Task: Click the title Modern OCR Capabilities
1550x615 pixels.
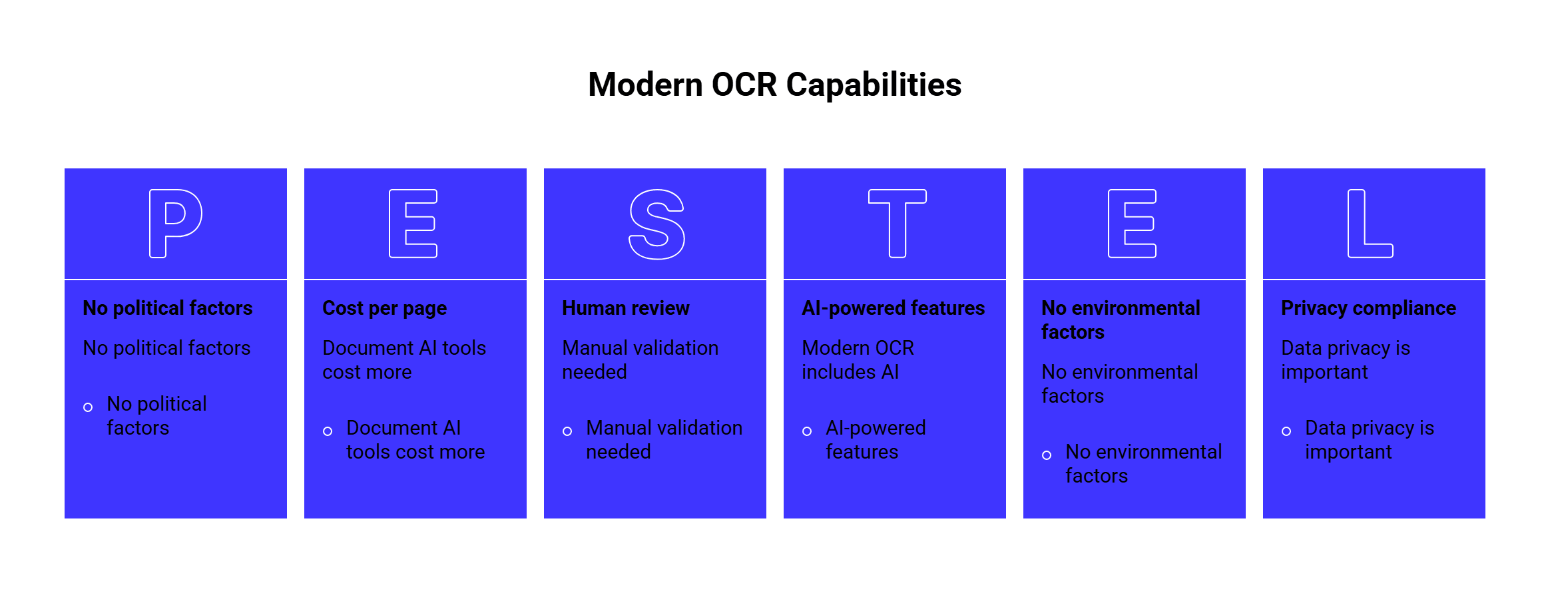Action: pyautogui.click(x=775, y=85)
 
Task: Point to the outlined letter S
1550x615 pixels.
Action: pyautogui.click(x=657, y=224)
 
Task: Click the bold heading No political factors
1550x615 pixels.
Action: pyautogui.click(x=168, y=308)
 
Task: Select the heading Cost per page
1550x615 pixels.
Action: pyautogui.click(x=385, y=309)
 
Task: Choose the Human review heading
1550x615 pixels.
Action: pyautogui.click(x=626, y=308)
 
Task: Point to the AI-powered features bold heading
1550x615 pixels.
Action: pyautogui.click(x=894, y=309)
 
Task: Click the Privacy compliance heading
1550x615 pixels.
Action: pyautogui.click(x=1369, y=309)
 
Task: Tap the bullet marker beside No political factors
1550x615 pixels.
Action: pyautogui.click(x=88, y=407)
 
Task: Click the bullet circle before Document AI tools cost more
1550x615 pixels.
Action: pyautogui.click(x=328, y=431)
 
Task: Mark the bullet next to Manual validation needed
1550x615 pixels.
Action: pyautogui.click(x=567, y=431)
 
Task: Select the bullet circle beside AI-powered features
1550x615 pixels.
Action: pyautogui.click(x=807, y=431)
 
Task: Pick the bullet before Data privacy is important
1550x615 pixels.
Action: pyautogui.click(x=1286, y=431)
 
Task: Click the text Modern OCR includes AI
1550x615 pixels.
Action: pyautogui.click(x=858, y=360)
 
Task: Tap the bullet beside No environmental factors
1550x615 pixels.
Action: pyautogui.click(x=1047, y=455)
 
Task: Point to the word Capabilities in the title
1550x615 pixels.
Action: pyautogui.click(x=874, y=85)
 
